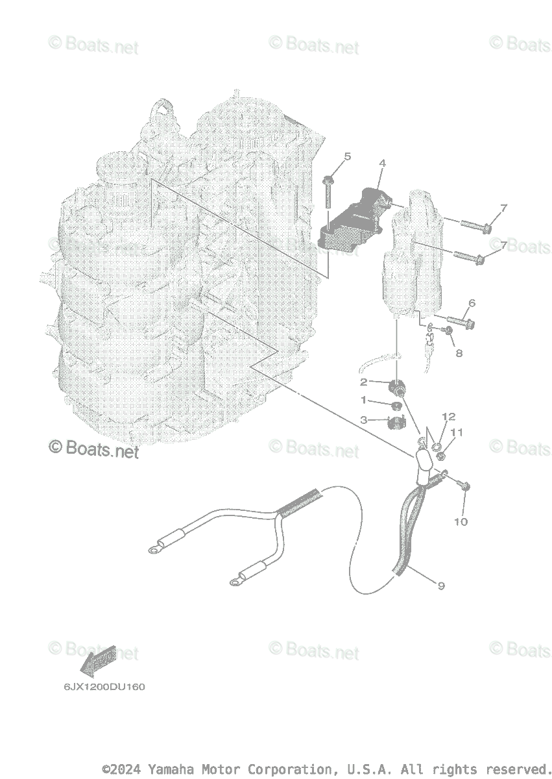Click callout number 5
347,156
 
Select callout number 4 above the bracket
382,163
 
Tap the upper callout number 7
503,208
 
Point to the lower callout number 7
503,243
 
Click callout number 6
472,303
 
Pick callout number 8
459,353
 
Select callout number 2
364,382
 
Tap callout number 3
364,420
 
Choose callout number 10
461,521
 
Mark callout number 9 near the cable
441,586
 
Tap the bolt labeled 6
458,319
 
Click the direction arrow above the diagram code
97,660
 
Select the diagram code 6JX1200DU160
104,687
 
